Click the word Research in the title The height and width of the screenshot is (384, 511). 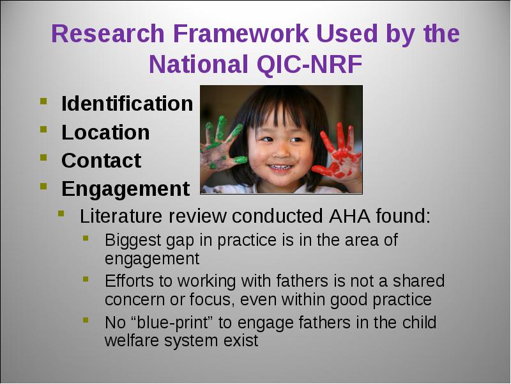[108, 33]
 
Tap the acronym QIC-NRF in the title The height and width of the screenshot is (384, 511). [310, 65]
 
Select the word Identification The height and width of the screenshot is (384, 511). [127, 104]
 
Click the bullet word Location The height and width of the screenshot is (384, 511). [105, 132]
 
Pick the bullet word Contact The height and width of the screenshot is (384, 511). [102, 161]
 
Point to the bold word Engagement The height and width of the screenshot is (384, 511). [125, 189]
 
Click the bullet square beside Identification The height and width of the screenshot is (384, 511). [43, 100]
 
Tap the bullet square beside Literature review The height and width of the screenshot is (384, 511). [61, 214]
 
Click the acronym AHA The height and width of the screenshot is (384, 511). [349, 216]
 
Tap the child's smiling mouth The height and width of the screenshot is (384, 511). [280, 168]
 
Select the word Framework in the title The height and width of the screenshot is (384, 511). [241, 33]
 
